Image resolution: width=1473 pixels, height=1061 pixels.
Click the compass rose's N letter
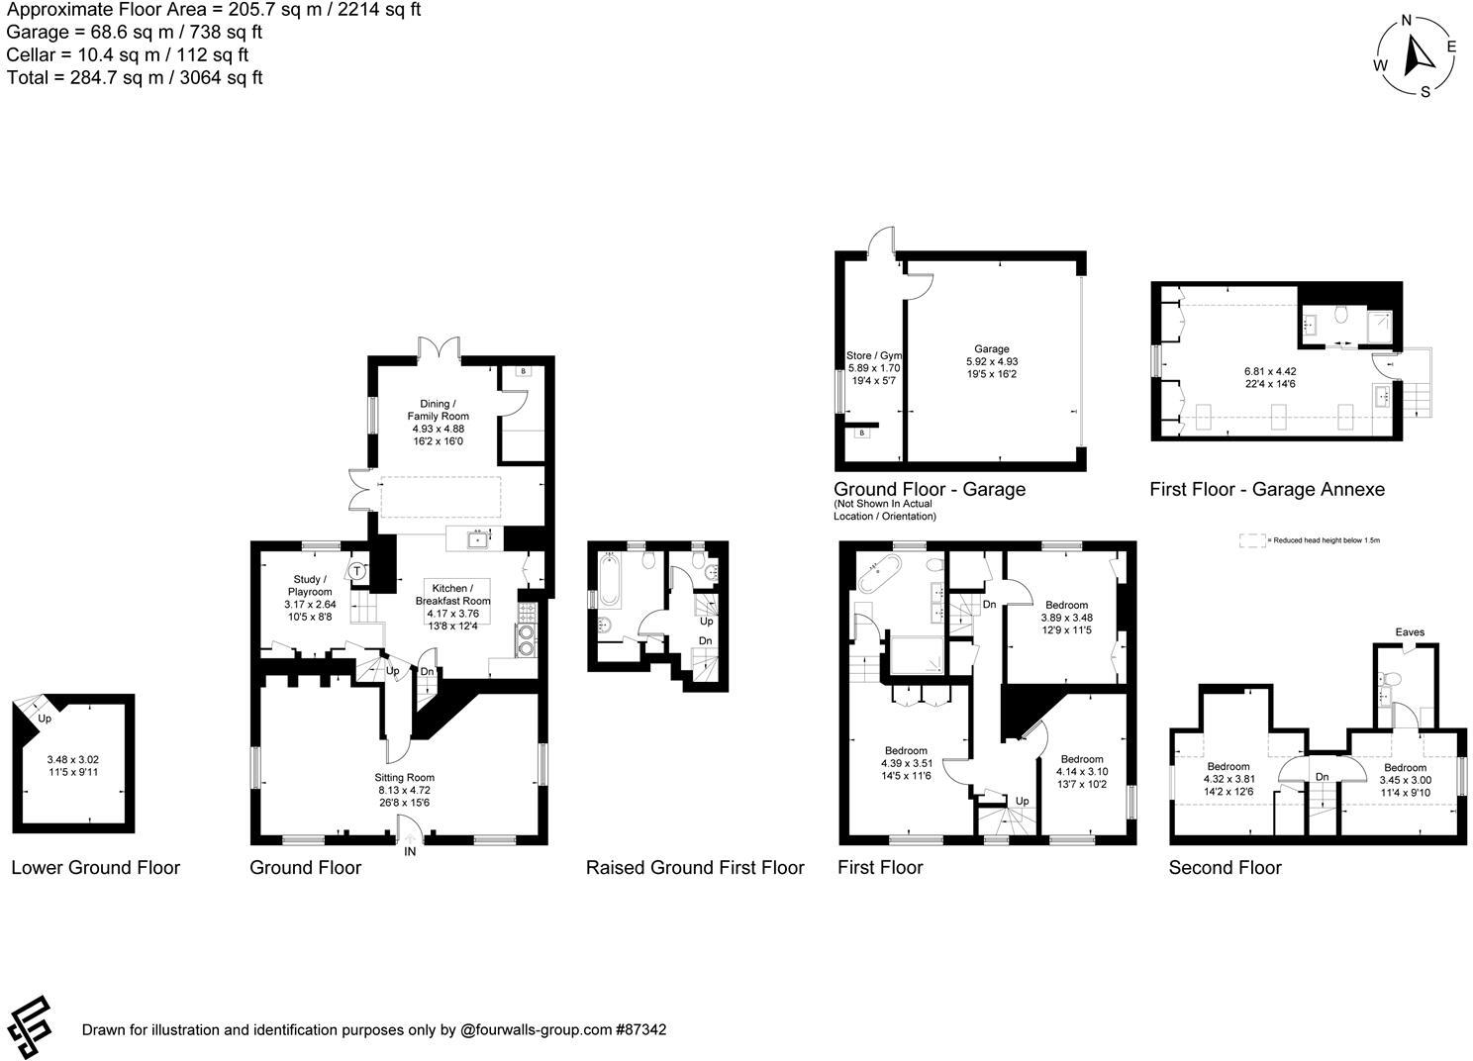[x=1406, y=22]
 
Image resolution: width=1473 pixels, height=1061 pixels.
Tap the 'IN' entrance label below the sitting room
[x=410, y=851]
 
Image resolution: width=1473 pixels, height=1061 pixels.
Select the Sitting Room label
[x=404, y=778]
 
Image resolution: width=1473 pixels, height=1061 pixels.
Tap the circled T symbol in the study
[x=356, y=571]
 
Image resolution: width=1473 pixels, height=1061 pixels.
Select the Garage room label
[x=991, y=348]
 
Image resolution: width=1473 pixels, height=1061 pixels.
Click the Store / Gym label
[x=874, y=355]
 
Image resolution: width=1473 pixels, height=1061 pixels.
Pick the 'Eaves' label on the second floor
[x=1410, y=632]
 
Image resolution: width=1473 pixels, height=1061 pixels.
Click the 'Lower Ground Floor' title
[x=96, y=868]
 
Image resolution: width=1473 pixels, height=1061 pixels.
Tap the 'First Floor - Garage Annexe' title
[x=1267, y=489]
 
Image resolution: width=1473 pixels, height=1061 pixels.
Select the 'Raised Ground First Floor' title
[x=695, y=868]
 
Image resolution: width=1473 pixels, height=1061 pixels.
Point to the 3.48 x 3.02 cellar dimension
[x=73, y=760]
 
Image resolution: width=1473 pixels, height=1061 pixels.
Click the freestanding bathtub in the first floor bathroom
[x=878, y=574]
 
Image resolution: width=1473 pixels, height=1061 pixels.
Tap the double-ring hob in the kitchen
[x=526, y=639]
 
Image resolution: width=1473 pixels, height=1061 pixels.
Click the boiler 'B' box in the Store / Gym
[x=861, y=433]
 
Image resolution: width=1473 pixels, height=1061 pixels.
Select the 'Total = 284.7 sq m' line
[x=135, y=77]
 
